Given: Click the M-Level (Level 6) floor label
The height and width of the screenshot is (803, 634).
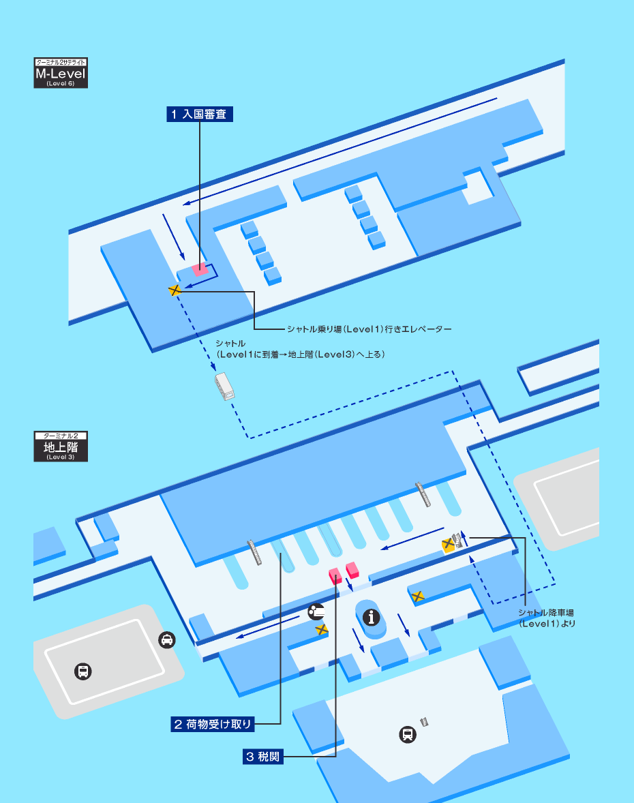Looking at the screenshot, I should [61, 74].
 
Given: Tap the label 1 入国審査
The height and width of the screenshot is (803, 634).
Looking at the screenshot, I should [200, 115].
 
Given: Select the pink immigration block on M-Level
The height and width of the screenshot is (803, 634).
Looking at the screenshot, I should [200, 269].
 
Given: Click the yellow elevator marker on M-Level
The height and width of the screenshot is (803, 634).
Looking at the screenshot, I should [175, 290].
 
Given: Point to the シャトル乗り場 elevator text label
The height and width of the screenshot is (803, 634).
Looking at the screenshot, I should [369, 329].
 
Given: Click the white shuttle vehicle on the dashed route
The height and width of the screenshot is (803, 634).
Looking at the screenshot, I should [225, 386].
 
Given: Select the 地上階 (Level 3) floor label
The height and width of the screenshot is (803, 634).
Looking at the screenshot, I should [61, 446].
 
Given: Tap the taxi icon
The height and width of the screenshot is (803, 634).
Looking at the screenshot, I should [166, 640].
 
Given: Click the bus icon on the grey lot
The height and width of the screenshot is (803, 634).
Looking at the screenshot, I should [83, 671].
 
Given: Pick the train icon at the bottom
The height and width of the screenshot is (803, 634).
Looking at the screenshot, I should [408, 734].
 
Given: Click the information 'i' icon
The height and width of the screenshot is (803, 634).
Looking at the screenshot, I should [372, 618].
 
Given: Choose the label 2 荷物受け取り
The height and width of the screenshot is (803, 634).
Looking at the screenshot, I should [213, 724].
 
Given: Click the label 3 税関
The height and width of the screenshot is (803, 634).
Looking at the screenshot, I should [262, 757].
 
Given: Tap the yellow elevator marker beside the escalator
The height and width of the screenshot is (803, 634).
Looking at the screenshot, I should [448, 544].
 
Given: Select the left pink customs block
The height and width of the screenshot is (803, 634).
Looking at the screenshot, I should [335, 576].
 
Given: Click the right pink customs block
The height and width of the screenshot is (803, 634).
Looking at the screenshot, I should [352, 569].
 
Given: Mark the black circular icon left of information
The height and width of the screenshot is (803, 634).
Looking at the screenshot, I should [316, 611].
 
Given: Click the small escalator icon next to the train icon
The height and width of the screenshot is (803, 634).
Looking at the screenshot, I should [425, 721].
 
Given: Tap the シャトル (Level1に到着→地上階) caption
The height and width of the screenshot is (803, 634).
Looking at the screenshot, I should [300, 349].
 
